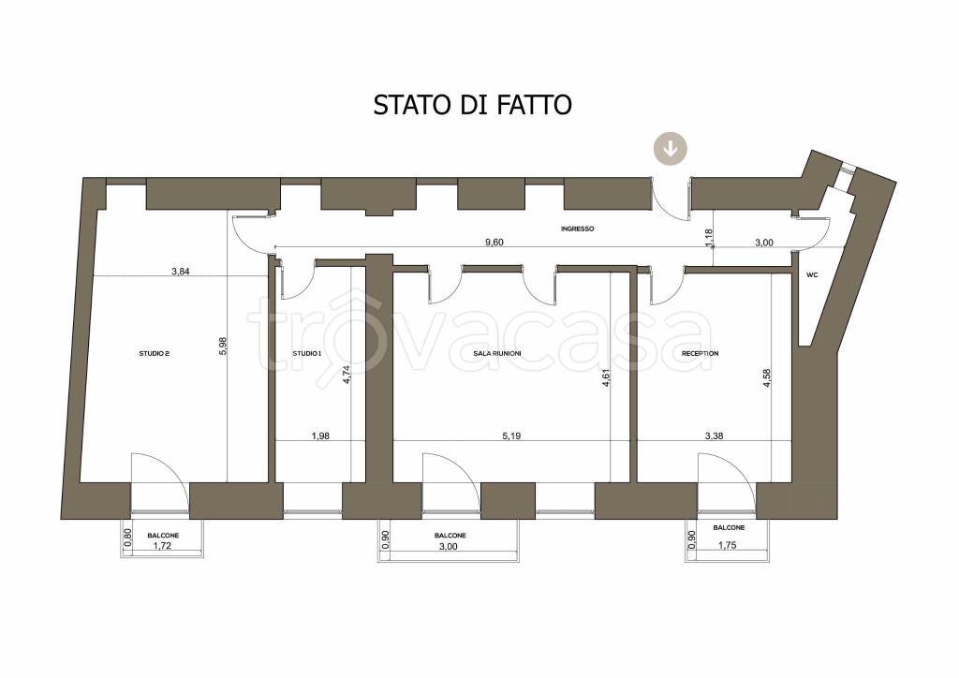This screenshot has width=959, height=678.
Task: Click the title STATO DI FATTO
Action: coord(472,104)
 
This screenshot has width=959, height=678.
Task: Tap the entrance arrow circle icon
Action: coord(671,148)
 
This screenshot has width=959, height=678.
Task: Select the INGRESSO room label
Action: coord(577,229)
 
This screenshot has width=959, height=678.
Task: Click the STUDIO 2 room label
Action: coord(154,354)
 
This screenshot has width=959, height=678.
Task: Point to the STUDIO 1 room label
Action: coord(306,354)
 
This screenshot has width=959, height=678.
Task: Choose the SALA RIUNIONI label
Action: coord(498,354)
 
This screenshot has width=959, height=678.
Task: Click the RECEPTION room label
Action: coord(700,354)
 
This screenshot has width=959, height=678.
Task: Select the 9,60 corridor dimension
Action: coord(494,243)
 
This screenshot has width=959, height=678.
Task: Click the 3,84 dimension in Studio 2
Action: coord(181,272)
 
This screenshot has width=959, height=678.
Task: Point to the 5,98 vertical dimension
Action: coord(223,346)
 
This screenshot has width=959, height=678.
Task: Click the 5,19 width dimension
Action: coord(511,435)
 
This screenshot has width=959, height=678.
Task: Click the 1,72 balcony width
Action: coord(163,546)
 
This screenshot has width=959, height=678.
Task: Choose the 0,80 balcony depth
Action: coord(128,538)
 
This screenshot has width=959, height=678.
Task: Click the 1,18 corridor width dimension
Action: coord(709,238)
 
